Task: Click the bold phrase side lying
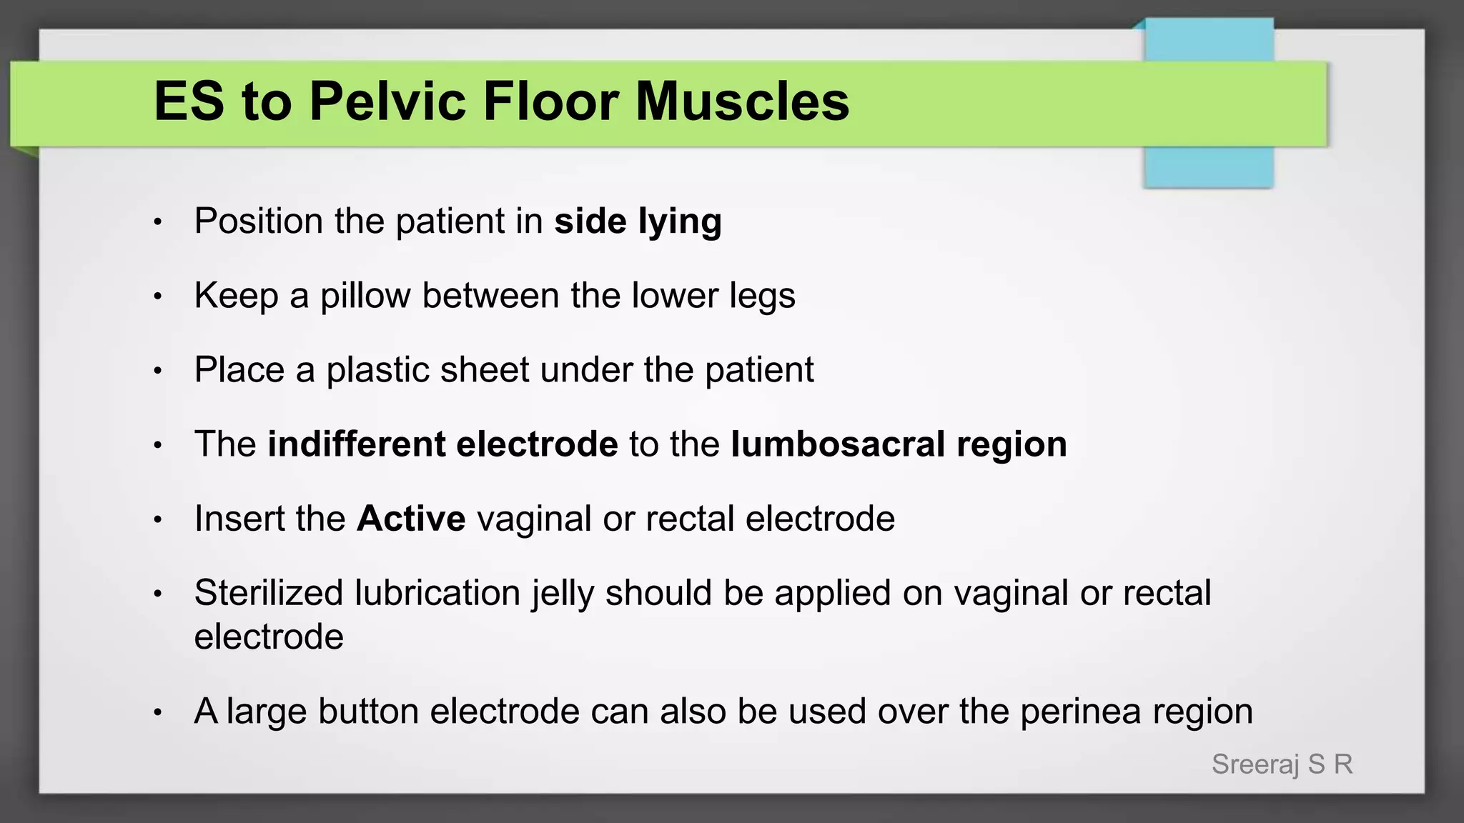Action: click(638, 221)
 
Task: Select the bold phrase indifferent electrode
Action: click(442, 444)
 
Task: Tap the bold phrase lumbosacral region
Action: click(899, 444)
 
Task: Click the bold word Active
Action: click(411, 518)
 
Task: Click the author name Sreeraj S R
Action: click(1282, 764)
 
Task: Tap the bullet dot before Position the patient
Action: click(158, 222)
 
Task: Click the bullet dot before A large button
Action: click(158, 712)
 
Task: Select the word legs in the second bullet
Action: click(762, 296)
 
